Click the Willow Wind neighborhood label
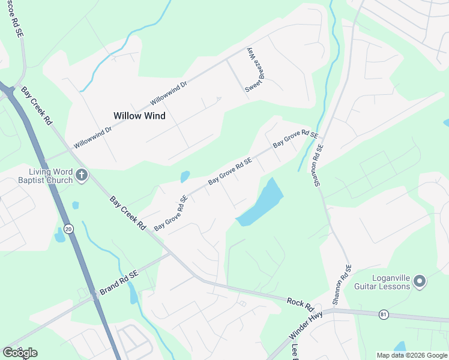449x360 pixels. (x=139, y=115)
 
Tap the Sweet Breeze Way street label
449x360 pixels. (x=251, y=71)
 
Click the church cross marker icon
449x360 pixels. (x=82, y=176)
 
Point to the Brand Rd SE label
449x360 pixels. (x=119, y=282)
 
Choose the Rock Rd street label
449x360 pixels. (x=300, y=304)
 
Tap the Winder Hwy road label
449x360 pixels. (x=310, y=325)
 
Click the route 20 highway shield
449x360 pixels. (x=68, y=229)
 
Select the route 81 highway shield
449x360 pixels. (x=384, y=314)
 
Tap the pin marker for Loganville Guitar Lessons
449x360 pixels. (x=420, y=280)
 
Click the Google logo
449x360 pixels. (x=20, y=352)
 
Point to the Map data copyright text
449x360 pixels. (x=412, y=355)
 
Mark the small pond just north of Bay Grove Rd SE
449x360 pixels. (x=185, y=176)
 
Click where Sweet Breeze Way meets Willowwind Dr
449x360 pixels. (x=228, y=59)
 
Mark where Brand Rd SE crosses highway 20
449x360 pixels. (x=95, y=296)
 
